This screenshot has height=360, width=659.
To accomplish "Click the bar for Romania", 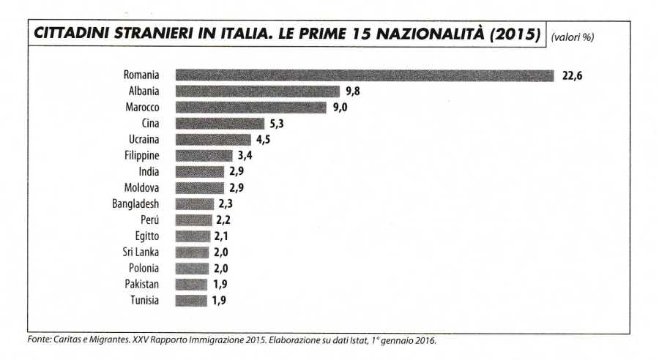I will pyautogui.click(x=365, y=75).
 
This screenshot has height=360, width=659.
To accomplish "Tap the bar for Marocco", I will pyautogui.click(x=251, y=108).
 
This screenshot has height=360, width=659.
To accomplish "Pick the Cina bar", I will pyautogui.click(x=220, y=124).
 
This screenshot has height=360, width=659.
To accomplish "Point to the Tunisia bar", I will pyautogui.click(x=191, y=300).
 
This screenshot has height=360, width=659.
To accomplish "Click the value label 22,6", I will pyautogui.click(x=572, y=75).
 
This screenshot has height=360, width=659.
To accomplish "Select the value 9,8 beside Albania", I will pyautogui.click(x=353, y=91).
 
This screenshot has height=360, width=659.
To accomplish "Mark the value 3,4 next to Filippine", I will pyautogui.click(x=245, y=156).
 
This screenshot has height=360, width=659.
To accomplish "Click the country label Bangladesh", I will pyautogui.click(x=136, y=204).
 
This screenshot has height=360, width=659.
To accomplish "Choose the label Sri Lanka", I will pyautogui.click(x=142, y=252).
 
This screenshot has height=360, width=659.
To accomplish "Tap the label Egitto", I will pyautogui.click(x=146, y=236).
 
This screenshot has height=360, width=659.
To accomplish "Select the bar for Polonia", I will pyautogui.click(x=192, y=268).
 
